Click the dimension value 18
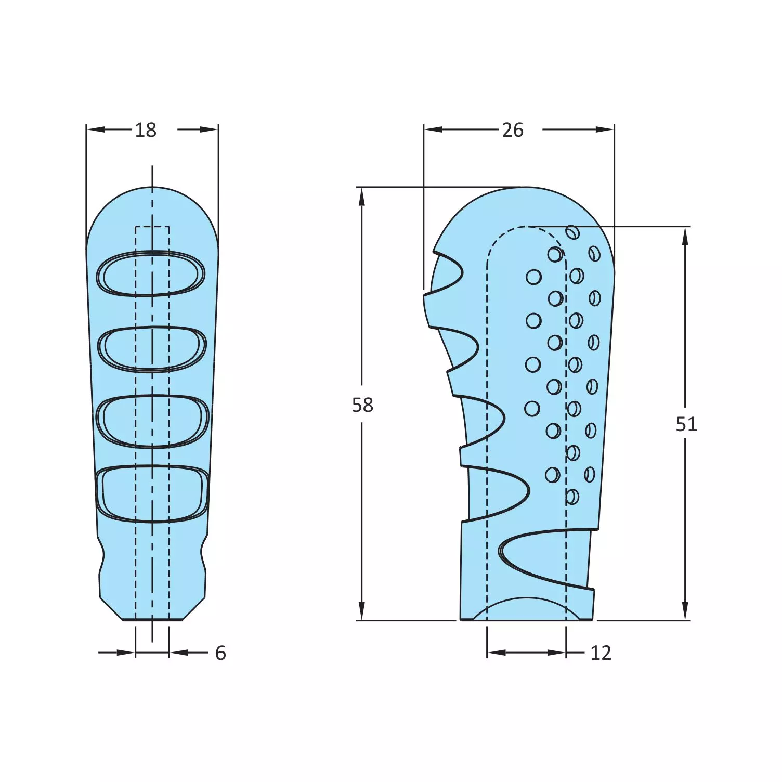pyautogui.click(x=146, y=130)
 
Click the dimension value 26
pyautogui.click(x=513, y=130)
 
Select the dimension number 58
pyautogui.click(x=362, y=405)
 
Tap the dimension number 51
pyautogui.click(x=686, y=425)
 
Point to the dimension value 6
pyautogui.click(x=220, y=653)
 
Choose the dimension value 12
pyautogui.click(x=601, y=653)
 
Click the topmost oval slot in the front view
pyautogui.click(x=151, y=273)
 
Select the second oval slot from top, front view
pyautogui.click(x=152, y=349)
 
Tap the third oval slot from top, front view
pyautogui.click(x=152, y=421)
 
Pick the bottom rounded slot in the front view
pyautogui.click(x=152, y=493)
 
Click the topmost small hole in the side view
pyautogui.click(x=572, y=232)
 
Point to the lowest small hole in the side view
pyautogui.click(x=572, y=497)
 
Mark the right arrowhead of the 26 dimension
pyautogui.click(x=605, y=129)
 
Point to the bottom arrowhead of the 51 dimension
pyautogui.click(x=685, y=611)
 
